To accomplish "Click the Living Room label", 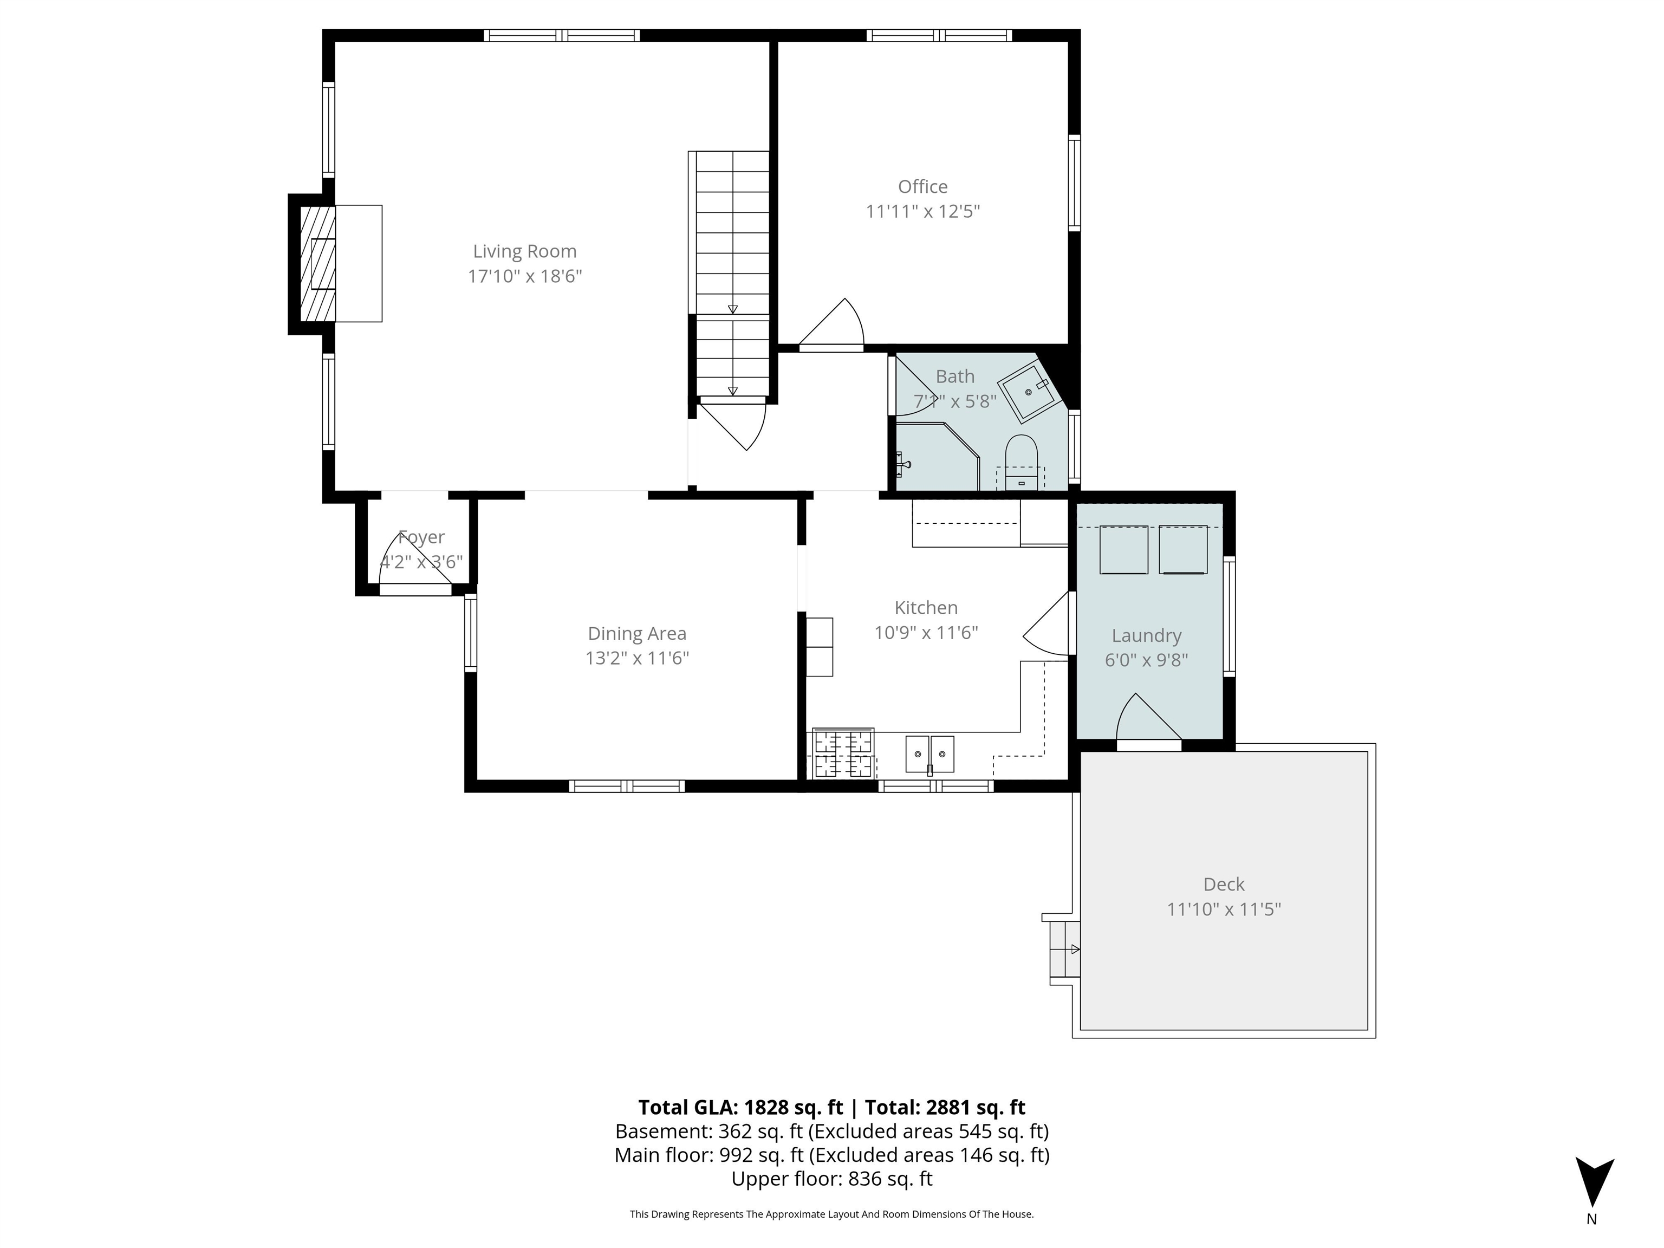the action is [524, 251].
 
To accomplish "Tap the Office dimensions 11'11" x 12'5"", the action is [922, 211].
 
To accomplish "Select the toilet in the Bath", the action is [1021, 462].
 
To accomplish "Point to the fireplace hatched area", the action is [317, 263].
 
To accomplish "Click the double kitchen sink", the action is [930, 754].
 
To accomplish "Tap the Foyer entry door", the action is [415, 563].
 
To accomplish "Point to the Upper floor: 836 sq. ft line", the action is [831, 1179].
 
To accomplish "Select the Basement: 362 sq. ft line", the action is [831, 1132].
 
